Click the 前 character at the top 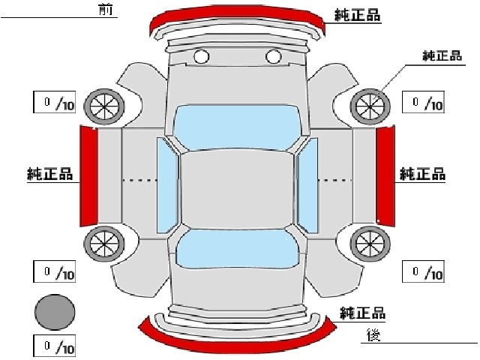point(106,10)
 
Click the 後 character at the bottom point(373,335)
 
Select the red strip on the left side point(88,176)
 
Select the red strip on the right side point(385,176)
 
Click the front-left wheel point(104,106)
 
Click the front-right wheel point(370,106)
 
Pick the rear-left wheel point(104,244)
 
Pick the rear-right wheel point(370,244)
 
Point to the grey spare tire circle point(55,312)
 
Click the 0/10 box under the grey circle point(54,346)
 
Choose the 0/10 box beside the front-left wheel point(54,102)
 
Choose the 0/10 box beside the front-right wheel point(423,102)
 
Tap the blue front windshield point(236,127)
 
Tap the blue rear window point(237,248)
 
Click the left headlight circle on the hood point(202,56)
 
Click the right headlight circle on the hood point(273,56)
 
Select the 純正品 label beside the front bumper point(357,14)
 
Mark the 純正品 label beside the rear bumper point(362,313)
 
